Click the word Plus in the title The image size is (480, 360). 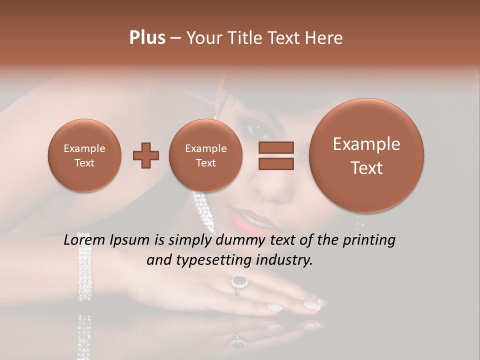tap(147, 38)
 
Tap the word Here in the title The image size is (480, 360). tap(324, 38)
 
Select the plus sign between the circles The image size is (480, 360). tap(146, 155)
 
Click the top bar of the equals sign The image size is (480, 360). tap(275, 147)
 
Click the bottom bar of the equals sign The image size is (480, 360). tap(275, 164)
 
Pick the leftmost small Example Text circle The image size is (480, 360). tap(84, 155)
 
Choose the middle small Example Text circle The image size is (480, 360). tap(205, 155)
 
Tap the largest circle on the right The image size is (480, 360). tap(366, 155)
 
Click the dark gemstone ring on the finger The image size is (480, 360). tap(239, 282)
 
